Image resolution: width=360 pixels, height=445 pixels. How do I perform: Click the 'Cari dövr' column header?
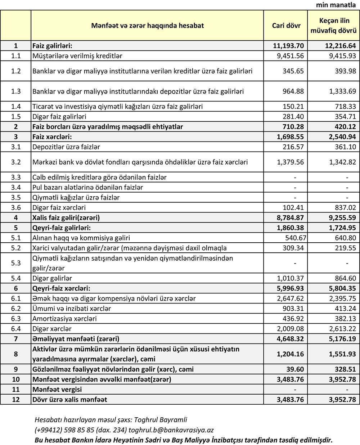(x=286, y=26)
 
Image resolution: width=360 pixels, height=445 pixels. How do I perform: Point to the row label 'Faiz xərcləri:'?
(x=52, y=137)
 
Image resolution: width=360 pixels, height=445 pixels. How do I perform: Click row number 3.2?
(x=16, y=162)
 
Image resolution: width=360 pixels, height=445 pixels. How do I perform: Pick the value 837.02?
(x=344, y=208)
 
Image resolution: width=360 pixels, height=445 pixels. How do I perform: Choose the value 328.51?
(x=344, y=369)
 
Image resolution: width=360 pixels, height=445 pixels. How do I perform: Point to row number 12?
(x=16, y=399)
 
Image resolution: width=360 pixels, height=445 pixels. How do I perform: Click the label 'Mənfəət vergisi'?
(x=57, y=389)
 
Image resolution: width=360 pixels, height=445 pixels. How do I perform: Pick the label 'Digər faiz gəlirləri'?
(x=59, y=117)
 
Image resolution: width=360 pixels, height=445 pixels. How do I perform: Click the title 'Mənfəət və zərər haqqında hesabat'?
(x=147, y=26)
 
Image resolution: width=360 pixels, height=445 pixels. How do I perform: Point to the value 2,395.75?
(x=342, y=298)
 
